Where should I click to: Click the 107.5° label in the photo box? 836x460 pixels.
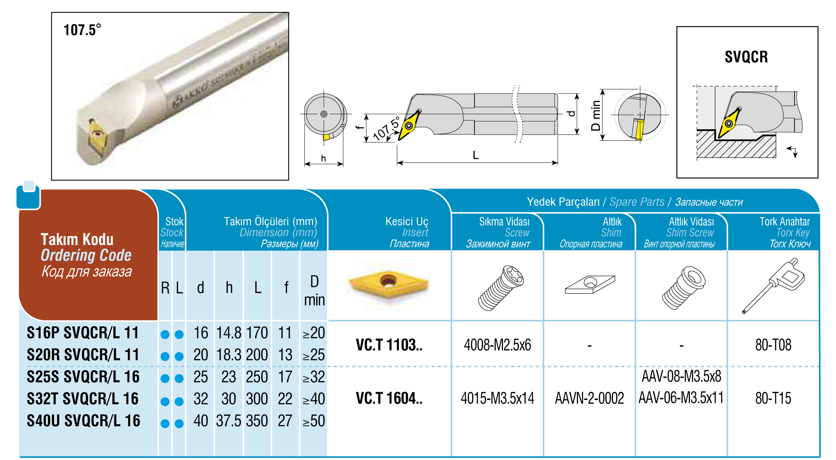coord(82,30)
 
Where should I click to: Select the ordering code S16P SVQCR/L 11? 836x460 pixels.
coord(83,333)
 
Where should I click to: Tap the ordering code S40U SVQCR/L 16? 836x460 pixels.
coord(84,421)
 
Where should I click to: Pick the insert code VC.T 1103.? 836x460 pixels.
coord(389,345)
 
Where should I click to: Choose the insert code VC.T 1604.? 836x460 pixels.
coord(389,398)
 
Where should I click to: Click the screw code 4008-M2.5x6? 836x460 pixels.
coord(497,345)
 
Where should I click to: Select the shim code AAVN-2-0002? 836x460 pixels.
coord(589,398)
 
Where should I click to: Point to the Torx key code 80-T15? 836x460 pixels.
coord(773,398)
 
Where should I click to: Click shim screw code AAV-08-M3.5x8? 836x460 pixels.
coord(681,376)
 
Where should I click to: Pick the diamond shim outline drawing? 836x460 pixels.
coord(590,284)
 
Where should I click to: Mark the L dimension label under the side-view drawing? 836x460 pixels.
coord(475,155)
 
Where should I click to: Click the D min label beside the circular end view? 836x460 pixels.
coord(595,115)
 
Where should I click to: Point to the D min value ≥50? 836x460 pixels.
coord(313,421)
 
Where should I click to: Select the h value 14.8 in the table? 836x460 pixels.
coord(229,333)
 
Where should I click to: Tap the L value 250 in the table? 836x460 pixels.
coord(256,377)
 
